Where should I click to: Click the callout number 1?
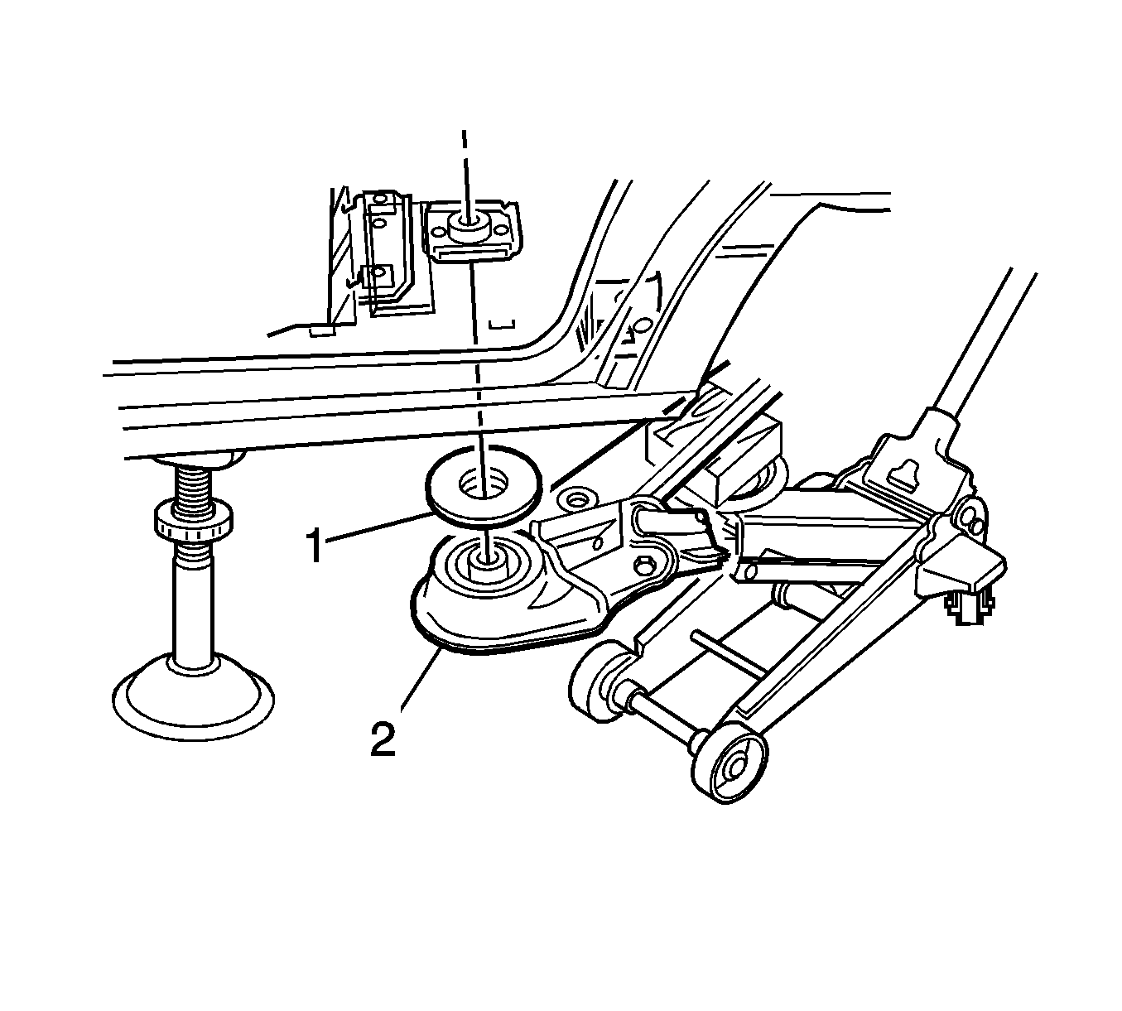(315, 546)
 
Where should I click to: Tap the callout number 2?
(383, 739)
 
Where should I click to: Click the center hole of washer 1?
(484, 482)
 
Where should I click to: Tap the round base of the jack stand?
(193, 696)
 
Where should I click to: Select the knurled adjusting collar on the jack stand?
(193, 524)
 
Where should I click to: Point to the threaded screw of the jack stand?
(194, 482)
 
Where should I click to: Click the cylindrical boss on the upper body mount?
(465, 227)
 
